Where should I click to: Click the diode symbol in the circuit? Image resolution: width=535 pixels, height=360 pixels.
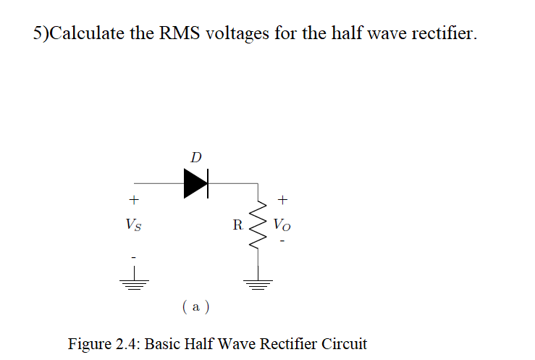point(195,183)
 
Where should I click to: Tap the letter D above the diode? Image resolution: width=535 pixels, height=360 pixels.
point(195,156)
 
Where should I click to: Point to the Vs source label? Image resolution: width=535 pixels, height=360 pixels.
point(134,225)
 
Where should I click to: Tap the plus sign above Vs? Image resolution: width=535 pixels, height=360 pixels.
point(133,198)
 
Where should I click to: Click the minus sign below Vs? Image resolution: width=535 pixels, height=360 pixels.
point(133,254)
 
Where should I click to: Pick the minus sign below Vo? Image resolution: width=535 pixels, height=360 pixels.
point(284,241)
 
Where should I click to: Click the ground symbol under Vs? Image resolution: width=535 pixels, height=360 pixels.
point(133,282)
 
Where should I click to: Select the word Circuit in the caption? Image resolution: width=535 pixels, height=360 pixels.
point(342,343)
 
